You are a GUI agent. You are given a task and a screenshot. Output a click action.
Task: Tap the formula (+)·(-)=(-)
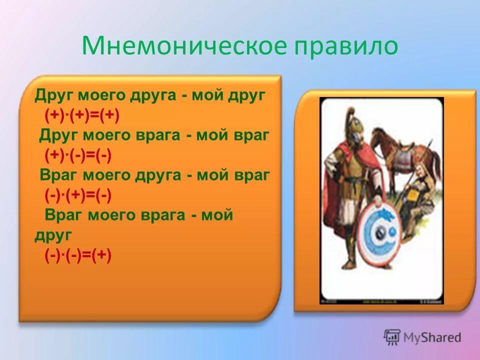(78, 155)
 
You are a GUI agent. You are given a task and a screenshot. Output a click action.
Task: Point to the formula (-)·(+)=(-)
(78, 196)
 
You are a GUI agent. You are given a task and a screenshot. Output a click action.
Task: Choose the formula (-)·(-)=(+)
(78, 255)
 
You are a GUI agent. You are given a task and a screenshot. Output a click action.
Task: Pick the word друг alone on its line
(53, 235)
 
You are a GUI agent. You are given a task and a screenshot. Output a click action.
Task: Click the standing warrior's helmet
(350, 125)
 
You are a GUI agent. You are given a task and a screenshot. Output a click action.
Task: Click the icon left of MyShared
(392, 337)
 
